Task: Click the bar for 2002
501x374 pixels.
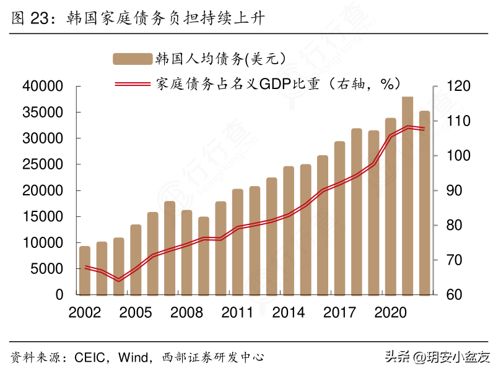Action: pos(85,270)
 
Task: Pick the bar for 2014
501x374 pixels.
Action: pos(289,230)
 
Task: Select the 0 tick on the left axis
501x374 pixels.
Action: pos(59,295)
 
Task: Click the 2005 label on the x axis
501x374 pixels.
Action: pos(136,312)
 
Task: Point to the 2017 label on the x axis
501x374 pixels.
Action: pos(339,312)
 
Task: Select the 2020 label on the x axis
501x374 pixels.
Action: pos(390,312)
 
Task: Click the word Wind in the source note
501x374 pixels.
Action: pos(134,357)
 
